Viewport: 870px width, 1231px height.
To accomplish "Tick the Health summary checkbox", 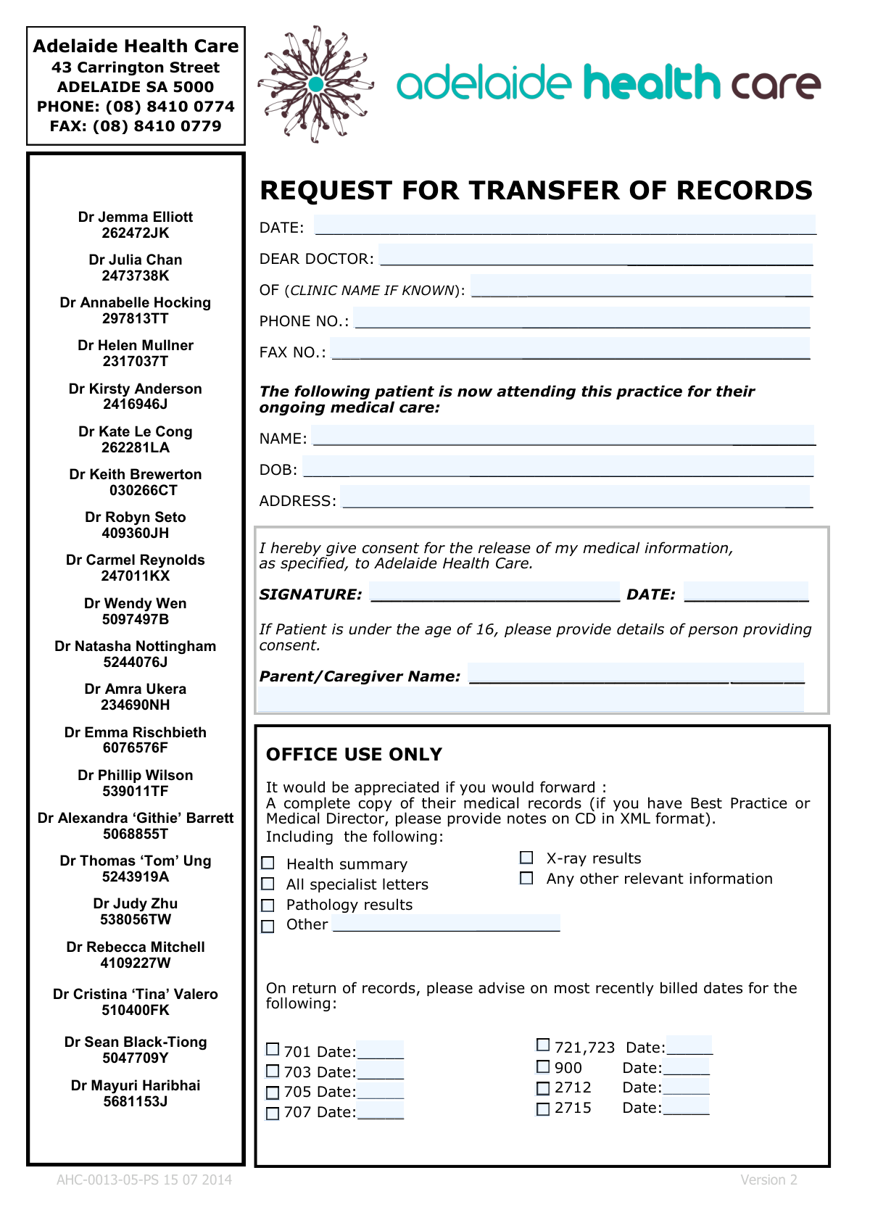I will [268, 863].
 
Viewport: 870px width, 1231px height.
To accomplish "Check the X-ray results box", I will [526, 858].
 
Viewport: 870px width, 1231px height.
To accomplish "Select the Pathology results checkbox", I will [268, 905].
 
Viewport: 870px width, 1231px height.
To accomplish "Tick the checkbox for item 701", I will [273, 1049].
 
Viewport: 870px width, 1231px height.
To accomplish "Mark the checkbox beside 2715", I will [543, 1108].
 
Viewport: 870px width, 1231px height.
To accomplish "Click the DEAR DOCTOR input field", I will [595, 256].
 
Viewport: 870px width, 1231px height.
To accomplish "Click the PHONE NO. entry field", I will [581, 318].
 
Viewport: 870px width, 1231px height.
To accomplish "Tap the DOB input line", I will [558, 466].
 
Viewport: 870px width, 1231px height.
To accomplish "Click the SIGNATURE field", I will [494, 592].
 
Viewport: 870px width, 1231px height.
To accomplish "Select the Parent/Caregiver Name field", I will [635, 673].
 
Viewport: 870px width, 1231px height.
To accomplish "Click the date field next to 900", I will [686, 1066].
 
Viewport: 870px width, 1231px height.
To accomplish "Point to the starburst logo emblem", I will [315, 84].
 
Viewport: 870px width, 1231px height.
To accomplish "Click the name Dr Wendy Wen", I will [136, 603].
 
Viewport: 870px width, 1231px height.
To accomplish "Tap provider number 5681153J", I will [136, 1101].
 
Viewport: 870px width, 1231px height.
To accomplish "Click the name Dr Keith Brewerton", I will [136, 474].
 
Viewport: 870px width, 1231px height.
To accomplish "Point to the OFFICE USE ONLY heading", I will [354, 754].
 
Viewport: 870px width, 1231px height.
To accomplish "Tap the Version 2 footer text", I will [768, 1180].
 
